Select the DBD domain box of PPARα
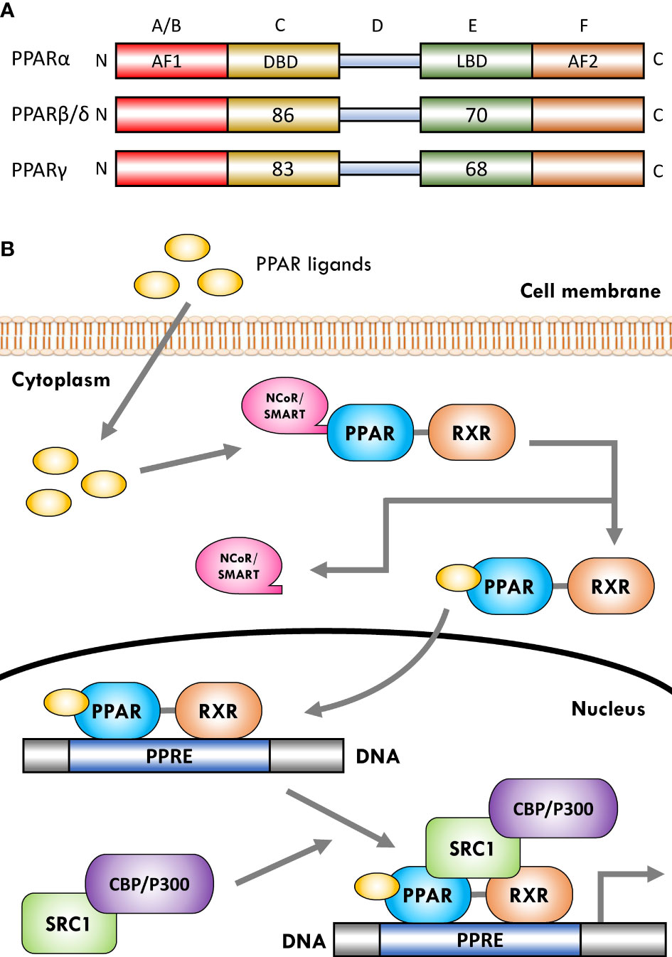coord(283,61)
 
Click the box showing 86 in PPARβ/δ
coord(283,115)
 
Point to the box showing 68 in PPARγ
coord(475,169)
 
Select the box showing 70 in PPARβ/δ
coord(475,115)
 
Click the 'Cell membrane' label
coord(590,291)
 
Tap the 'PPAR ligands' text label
coord(314,264)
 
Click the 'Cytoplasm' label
coord(61,380)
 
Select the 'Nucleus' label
coord(608,709)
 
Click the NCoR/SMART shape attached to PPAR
coord(284,406)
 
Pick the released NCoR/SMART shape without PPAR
coord(238,566)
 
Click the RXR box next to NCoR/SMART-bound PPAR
coord(471,433)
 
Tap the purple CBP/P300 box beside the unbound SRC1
coord(149,884)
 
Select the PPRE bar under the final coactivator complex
coord(480,940)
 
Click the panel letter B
coord(8,250)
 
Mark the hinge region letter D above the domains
coord(377,26)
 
